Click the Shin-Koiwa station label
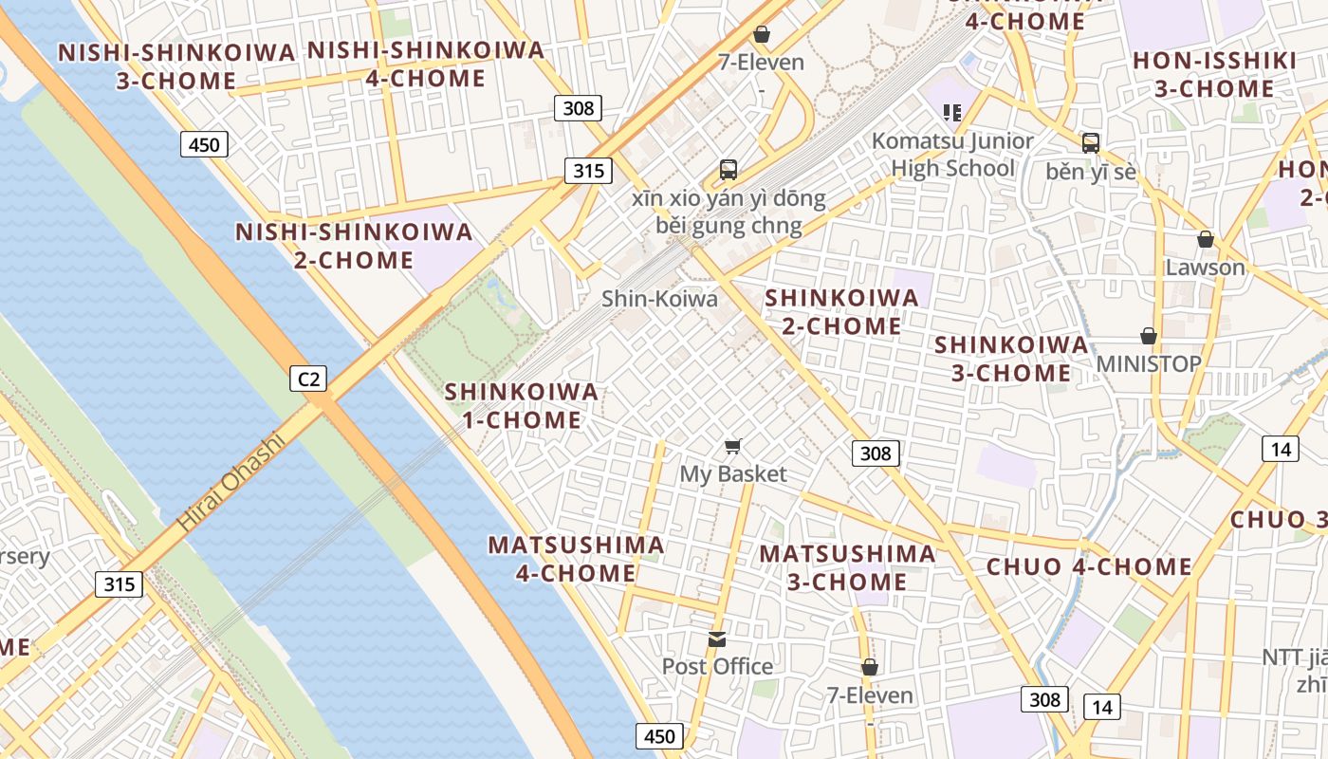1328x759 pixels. click(x=659, y=299)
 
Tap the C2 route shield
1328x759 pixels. click(x=308, y=379)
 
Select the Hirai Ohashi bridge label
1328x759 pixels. click(x=231, y=482)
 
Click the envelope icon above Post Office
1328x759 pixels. click(x=717, y=639)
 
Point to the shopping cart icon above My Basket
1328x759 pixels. click(x=733, y=446)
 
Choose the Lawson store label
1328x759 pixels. click(x=1205, y=268)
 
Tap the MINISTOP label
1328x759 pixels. click(x=1148, y=363)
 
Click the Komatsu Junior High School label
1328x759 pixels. click(x=952, y=155)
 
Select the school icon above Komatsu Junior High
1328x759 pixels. click(x=952, y=113)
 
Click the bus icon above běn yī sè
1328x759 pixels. click(x=1091, y=143)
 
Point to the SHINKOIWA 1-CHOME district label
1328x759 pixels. click(x=522, y=405)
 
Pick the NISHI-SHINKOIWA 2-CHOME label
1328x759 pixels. click(x=353, y=246)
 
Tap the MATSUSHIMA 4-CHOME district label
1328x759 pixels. click(x=576, y=559)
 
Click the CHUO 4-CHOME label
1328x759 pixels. click(x=1089, y=567)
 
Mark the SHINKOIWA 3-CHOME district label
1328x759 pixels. click(x=1011, y=359)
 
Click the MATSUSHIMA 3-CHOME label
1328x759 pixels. click(x=847, y=567)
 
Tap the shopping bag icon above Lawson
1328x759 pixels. click(x=1205, y=239)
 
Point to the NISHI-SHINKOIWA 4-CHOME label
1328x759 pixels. click(x=426, y=64)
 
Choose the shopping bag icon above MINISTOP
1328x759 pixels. click(x=1148, y=336)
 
